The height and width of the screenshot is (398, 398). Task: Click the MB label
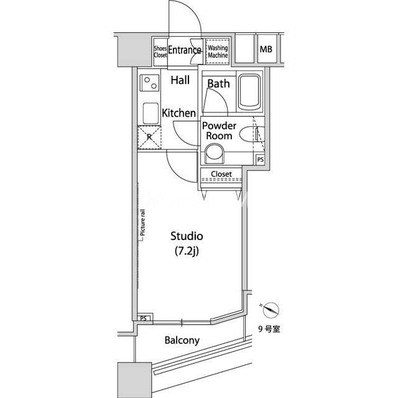point(266,49)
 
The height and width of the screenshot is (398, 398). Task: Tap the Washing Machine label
point(218,52)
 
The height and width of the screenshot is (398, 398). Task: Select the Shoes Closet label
point(160,52)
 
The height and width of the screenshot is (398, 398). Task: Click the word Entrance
point(185,50)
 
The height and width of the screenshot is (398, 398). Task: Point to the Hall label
point(180,80)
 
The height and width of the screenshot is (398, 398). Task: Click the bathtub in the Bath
point(249,92)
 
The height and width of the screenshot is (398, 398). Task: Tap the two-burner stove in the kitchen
point(150,83)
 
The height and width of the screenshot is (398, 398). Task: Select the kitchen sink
point(150,113)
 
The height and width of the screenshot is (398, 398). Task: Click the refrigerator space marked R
point(149,137)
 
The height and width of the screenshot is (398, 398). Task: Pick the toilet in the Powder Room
point(215,154)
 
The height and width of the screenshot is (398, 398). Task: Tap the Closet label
point(221,174)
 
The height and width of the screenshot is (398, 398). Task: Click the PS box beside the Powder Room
point(260,160)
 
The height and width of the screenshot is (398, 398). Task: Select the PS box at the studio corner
point(144,318)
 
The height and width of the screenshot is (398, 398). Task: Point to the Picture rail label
point(142,223)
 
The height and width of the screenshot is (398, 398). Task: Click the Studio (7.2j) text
point(187,243)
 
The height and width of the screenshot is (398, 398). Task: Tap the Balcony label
point(182,340)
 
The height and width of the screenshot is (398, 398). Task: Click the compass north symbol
point(271,310)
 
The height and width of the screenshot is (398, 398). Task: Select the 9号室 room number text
point(269,329)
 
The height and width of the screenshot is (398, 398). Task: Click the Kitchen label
point(178,113)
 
